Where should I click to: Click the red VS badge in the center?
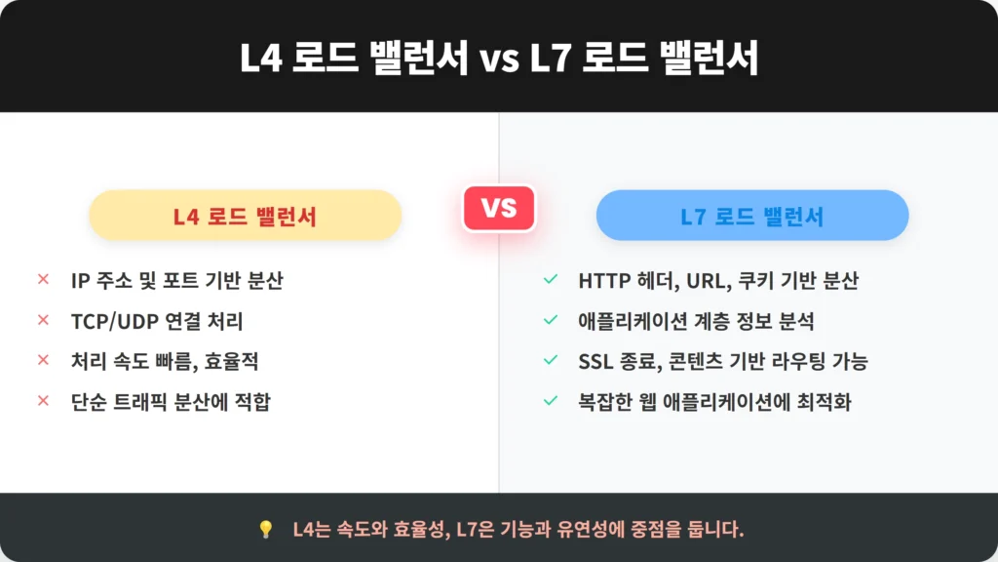tap(499, 208)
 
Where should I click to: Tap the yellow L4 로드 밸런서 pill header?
tap(245, 216)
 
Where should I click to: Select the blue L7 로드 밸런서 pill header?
tap(752, 216)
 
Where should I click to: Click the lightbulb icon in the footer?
tap(266, 529)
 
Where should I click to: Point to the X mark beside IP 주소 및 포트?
tap(43, 279)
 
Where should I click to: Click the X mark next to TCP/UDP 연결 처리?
tap(43, 320)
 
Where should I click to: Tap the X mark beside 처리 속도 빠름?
tap(43, 360)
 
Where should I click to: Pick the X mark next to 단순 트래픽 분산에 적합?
tap(43, 401)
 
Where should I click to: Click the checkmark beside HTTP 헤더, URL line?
tap(551, 279)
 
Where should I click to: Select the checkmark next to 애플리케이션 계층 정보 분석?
tap(551, 320)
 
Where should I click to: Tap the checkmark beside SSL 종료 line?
tap(551, 360)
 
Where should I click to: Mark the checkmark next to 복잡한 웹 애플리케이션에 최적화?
tap(551, 401)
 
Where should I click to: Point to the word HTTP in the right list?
tap(603, 280)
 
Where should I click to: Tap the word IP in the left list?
tap(80, 280)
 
